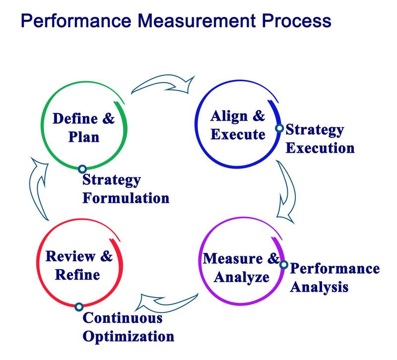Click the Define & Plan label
(x=83, y=127)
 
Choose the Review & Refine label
(x=79, y=266)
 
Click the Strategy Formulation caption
(x=126, y=188)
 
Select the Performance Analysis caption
(x=333, y=277)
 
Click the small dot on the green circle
(x=82, y=169)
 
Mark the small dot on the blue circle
(x=279, y=128)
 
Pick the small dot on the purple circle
(x=283, y=264)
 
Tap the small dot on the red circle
(x=79, y=307)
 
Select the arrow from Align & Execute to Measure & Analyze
(x=286, y=191)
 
